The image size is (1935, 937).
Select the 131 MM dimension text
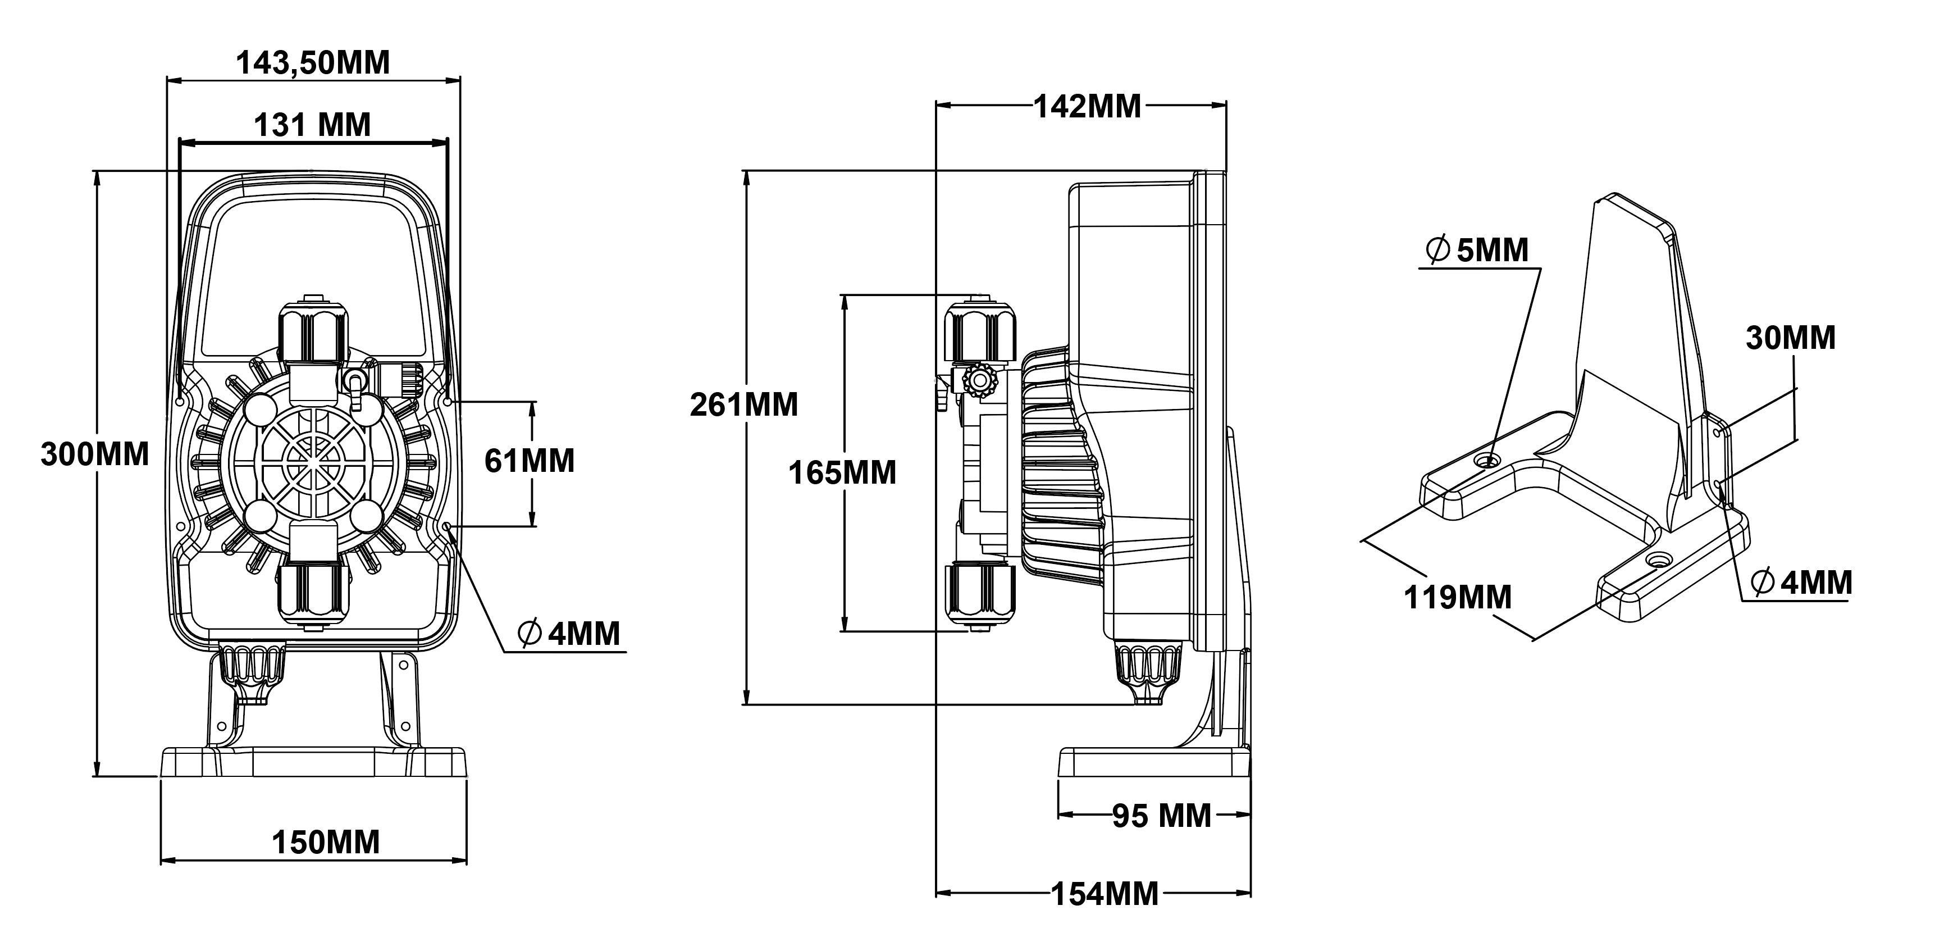coord(312,125)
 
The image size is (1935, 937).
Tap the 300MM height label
coord(95,454)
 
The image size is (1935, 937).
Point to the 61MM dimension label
coord(530,461)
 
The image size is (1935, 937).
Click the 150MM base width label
coord(325,842)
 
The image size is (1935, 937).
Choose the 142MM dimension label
coord(1087,107)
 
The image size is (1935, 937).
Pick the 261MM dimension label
coord(743,405)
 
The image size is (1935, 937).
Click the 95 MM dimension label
coord(1161,815)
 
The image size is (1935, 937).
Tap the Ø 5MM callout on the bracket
coord(1477,250)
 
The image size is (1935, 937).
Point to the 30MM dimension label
coord(1790,338)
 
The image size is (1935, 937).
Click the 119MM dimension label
coord(1457,597)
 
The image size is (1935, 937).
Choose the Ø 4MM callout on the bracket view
coord(1801,583)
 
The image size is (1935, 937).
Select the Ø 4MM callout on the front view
coord(569,634)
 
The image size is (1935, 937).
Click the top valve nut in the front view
coord(314,332)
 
